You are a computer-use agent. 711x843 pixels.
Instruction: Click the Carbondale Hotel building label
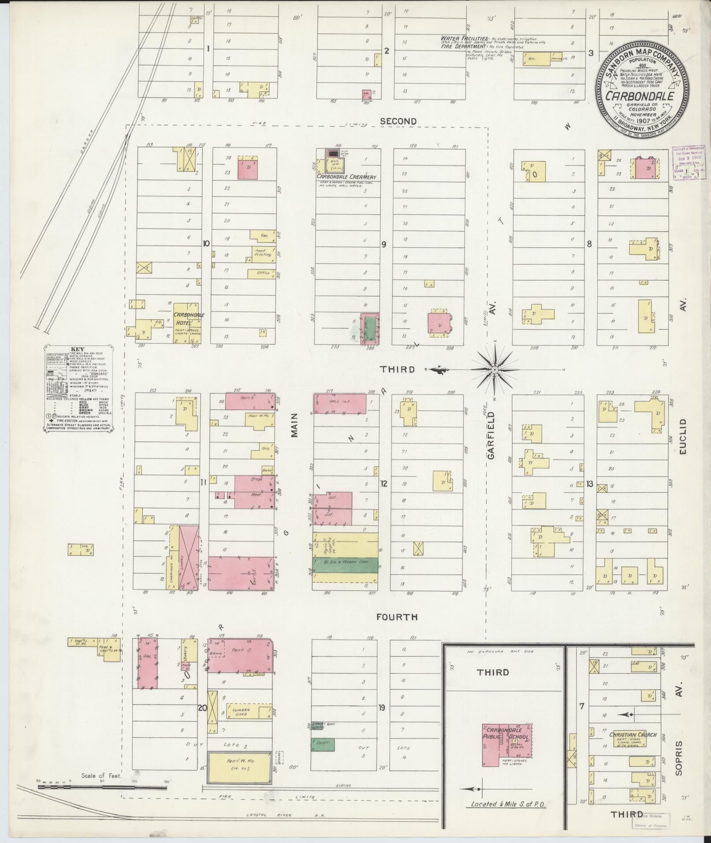[188, 318]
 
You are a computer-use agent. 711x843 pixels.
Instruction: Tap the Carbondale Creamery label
[346, 177]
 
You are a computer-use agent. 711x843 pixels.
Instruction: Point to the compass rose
[495, 369]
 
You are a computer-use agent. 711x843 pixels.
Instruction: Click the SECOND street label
[398, 121]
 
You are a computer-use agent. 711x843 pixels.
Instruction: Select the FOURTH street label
[397, 617]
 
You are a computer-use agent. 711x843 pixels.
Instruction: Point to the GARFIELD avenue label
[491, 436]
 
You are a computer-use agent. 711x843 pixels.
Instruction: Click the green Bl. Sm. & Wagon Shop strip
[346, 564]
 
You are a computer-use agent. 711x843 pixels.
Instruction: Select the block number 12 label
[384, 483]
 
